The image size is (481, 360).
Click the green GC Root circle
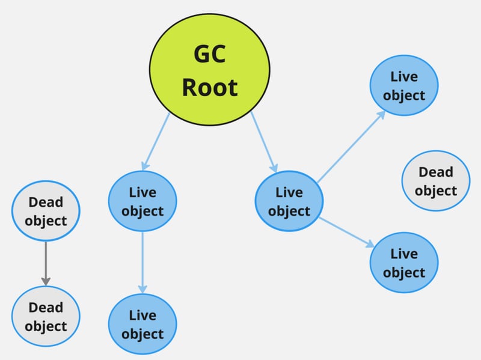[x=210, y=69]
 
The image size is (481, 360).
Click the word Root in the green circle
[x=210, y=88]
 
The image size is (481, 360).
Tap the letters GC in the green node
[x=210, y=54]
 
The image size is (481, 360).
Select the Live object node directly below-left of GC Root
[x=142, y=201]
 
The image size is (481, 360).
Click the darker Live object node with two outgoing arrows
[x=289, y=201]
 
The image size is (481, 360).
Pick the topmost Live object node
[x=404, y=86]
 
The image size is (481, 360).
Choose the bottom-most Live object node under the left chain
[x=142, y=324]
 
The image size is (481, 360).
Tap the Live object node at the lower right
[x=404, y=263]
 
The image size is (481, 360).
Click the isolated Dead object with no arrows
[x=436, y=181]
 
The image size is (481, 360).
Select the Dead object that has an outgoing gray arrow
[x=46, y=212]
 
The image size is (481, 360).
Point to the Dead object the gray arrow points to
[x=46, y=316]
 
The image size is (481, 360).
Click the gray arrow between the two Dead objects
[x=46, y=261]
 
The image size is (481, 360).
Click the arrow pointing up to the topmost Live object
[x=352, y=146]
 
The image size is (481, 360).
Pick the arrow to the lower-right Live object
[x=347, y=233]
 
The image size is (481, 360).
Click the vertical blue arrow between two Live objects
[x=142, y=261]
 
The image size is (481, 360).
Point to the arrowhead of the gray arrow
[x=46, y=281]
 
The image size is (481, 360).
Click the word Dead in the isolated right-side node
[x=436, y=172]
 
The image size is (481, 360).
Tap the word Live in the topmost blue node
[x=404, y=77]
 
